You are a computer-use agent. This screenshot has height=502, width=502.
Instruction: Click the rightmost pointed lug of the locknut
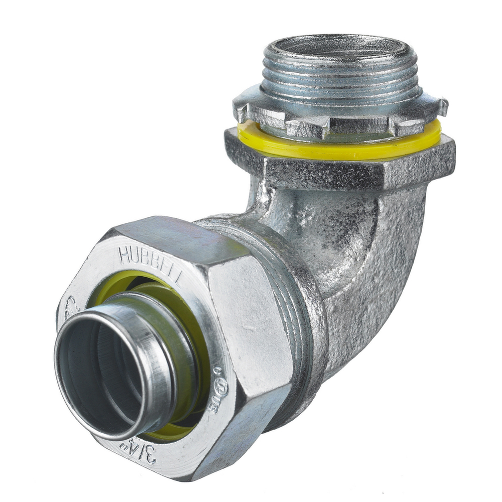[442, 106]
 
